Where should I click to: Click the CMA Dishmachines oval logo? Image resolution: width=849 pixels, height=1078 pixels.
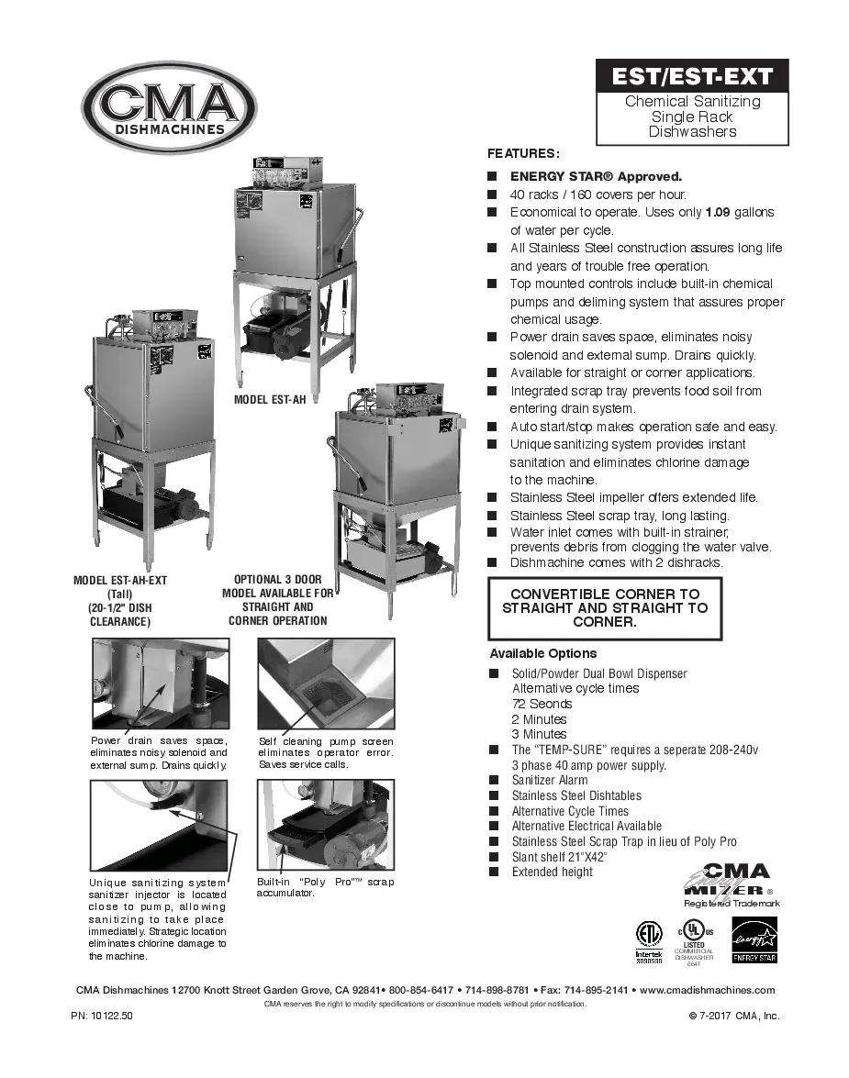click(169, 107)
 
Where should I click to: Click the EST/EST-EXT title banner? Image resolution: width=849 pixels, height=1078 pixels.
click(692, 75)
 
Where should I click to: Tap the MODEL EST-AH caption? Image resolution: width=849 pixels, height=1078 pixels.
click(269, 400)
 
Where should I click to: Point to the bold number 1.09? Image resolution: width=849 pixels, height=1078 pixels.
click(717, 212)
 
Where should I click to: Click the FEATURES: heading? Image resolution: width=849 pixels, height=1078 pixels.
click(523, 153)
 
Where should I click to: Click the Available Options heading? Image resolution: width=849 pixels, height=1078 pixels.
click(543, 653)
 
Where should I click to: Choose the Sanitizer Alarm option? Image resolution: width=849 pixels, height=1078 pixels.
click(550, 780)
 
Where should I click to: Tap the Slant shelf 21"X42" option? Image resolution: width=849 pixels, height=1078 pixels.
click(559, 856)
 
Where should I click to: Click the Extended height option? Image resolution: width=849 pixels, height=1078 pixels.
click(552, 872)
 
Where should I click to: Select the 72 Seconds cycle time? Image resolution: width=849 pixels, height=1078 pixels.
click(542, 704)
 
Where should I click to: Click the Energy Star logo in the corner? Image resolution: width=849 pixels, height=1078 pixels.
click(754, 941)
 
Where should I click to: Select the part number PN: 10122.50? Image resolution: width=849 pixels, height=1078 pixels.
click(102, 1016)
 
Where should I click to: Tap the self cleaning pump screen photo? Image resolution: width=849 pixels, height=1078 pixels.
click(326, 683)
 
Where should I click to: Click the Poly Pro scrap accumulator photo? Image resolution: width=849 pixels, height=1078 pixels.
click(326, 825)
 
